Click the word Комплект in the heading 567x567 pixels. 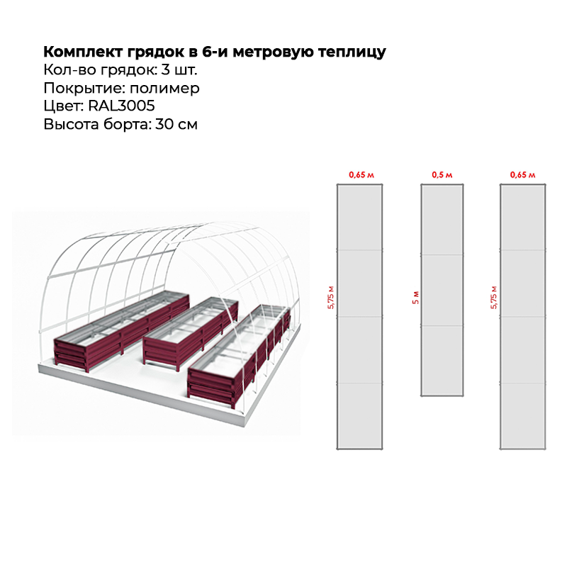83,52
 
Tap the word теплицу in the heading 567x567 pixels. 352,52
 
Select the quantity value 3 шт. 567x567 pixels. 179,69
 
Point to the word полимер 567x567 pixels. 164,89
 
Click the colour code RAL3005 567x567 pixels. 121,106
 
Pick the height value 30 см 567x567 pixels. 176,124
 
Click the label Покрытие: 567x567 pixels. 84,89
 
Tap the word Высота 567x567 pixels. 72,124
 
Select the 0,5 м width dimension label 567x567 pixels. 442,175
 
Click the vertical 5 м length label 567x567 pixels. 416,297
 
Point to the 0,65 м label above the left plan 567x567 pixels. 361,175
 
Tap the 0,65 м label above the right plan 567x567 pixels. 522,175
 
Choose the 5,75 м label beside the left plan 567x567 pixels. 331,297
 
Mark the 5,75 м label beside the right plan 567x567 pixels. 494,297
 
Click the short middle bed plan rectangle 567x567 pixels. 442,291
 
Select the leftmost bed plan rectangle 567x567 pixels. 360,317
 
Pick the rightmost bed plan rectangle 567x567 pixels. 523,317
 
